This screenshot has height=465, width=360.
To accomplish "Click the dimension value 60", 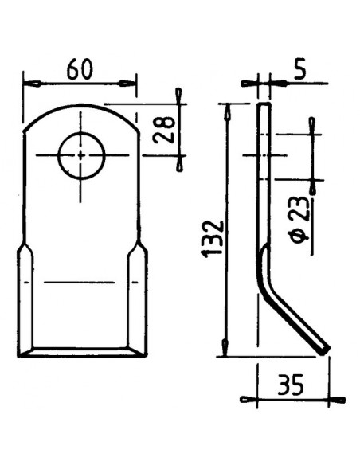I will (x=79, y=70).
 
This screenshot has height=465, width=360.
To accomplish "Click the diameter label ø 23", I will (x=295, y=222).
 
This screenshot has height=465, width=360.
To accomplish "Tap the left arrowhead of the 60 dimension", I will (x=32, y=83).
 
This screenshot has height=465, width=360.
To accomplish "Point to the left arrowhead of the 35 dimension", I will (x=248, y=398).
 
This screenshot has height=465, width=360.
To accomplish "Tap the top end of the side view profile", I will (x=264, y=106).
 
